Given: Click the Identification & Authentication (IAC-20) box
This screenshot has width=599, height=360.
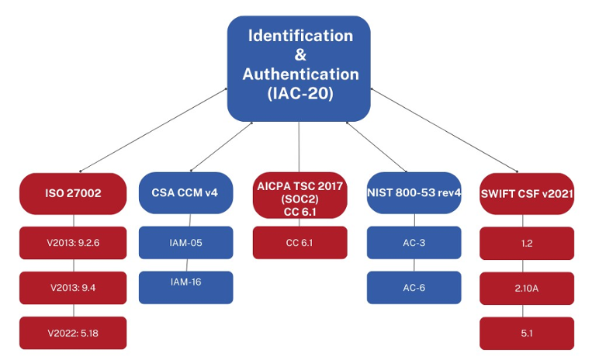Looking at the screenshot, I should click(x=299, y=68).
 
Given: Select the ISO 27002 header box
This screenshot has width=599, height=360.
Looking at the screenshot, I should click(x=73, y=193).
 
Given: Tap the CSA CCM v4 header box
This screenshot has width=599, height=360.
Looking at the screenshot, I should click(x=185, y=193).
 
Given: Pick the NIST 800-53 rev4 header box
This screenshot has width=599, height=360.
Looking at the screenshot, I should click(x=414, y=193).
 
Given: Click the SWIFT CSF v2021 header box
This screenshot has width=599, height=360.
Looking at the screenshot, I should click(x=527, y=193).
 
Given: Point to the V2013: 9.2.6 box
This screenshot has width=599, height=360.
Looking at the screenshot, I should click(x=73, y=243).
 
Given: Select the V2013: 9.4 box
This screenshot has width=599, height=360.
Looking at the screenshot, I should click(x=73, y=288).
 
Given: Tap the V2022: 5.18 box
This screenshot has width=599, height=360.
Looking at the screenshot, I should click(x=73, y=333).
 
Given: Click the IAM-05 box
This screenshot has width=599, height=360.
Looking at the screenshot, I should click(x=185, y=243).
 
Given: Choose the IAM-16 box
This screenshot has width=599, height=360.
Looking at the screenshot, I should click(x=185, y=282).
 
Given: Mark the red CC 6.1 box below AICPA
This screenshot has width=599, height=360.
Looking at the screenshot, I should click(x=299, y=243).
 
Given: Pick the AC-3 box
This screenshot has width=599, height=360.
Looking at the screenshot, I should click(x=414, y=243).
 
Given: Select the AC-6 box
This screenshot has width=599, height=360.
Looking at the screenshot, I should click(x=414, y=287).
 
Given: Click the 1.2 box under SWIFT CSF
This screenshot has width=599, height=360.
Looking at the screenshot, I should click(x=527, y=243).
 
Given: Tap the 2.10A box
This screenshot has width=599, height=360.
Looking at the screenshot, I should click(x=527, y=288).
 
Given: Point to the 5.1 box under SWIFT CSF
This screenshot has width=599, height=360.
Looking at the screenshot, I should click(x=527, y=333).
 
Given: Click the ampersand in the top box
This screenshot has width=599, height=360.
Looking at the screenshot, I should click(x=300, y=55).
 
